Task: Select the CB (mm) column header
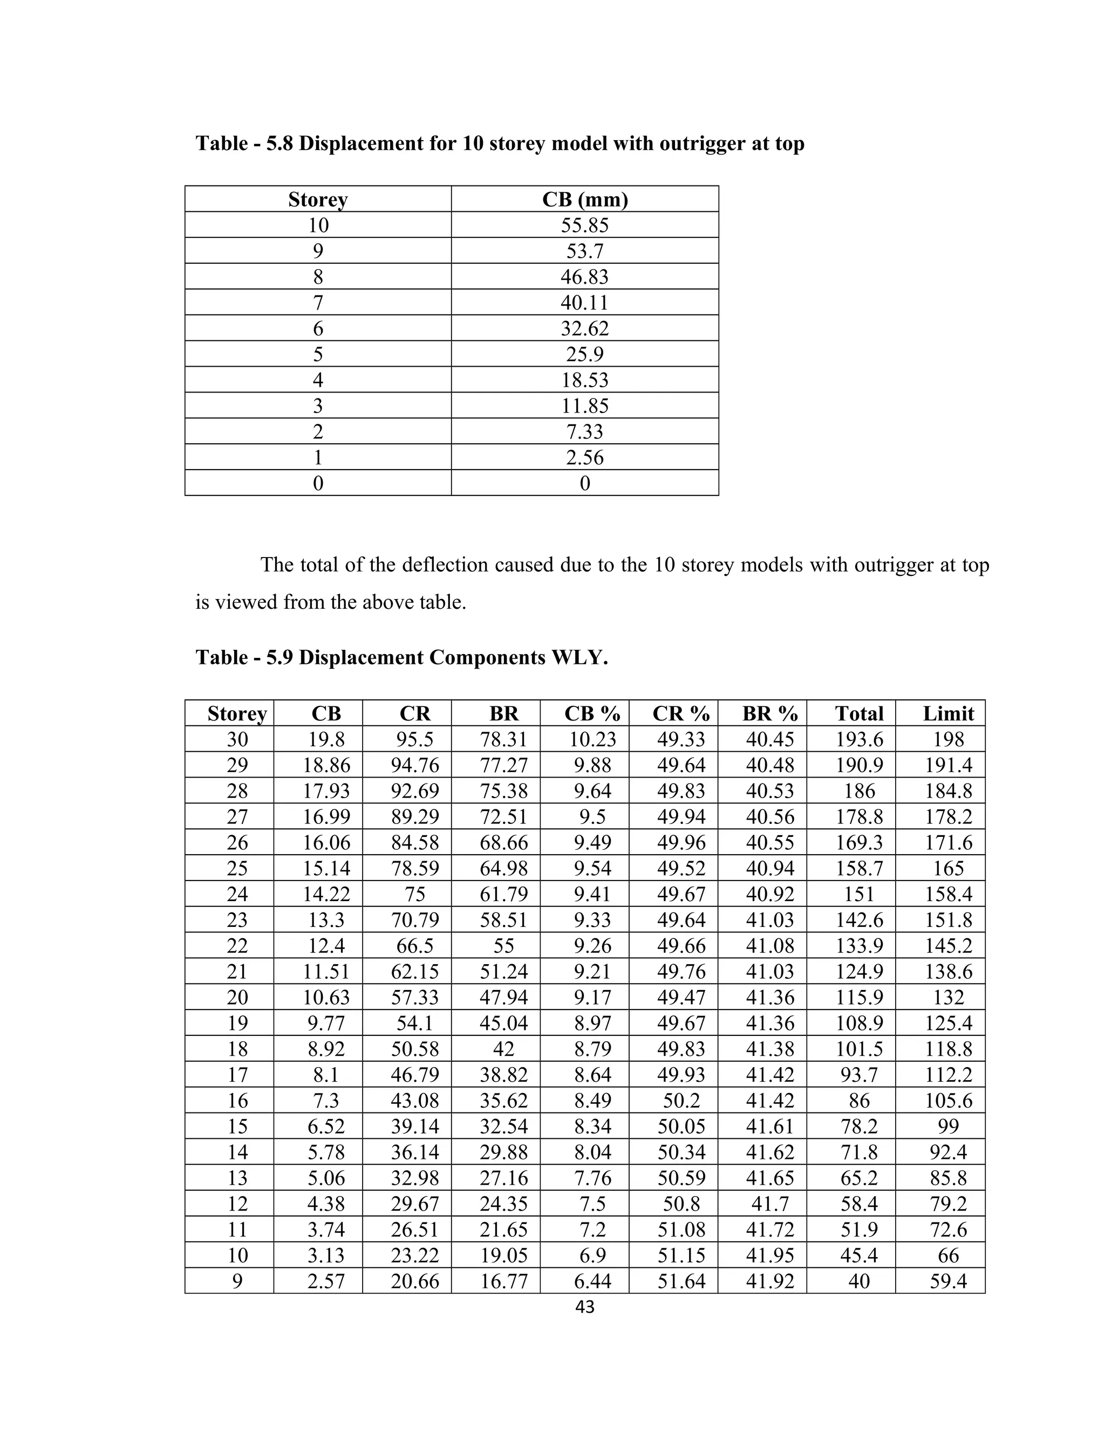[584, 200]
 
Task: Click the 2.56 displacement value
[584, 458]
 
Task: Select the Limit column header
[948, 714]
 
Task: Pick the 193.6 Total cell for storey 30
[859, 739]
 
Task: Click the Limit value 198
[948, 739]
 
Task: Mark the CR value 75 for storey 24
[415, 895]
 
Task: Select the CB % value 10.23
[592, 739]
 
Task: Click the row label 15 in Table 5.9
[237, 1126]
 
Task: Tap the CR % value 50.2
[681, 1101]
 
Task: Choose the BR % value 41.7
[770, 1204]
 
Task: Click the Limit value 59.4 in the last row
[948, 1281]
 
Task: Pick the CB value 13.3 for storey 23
[326, 920]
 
